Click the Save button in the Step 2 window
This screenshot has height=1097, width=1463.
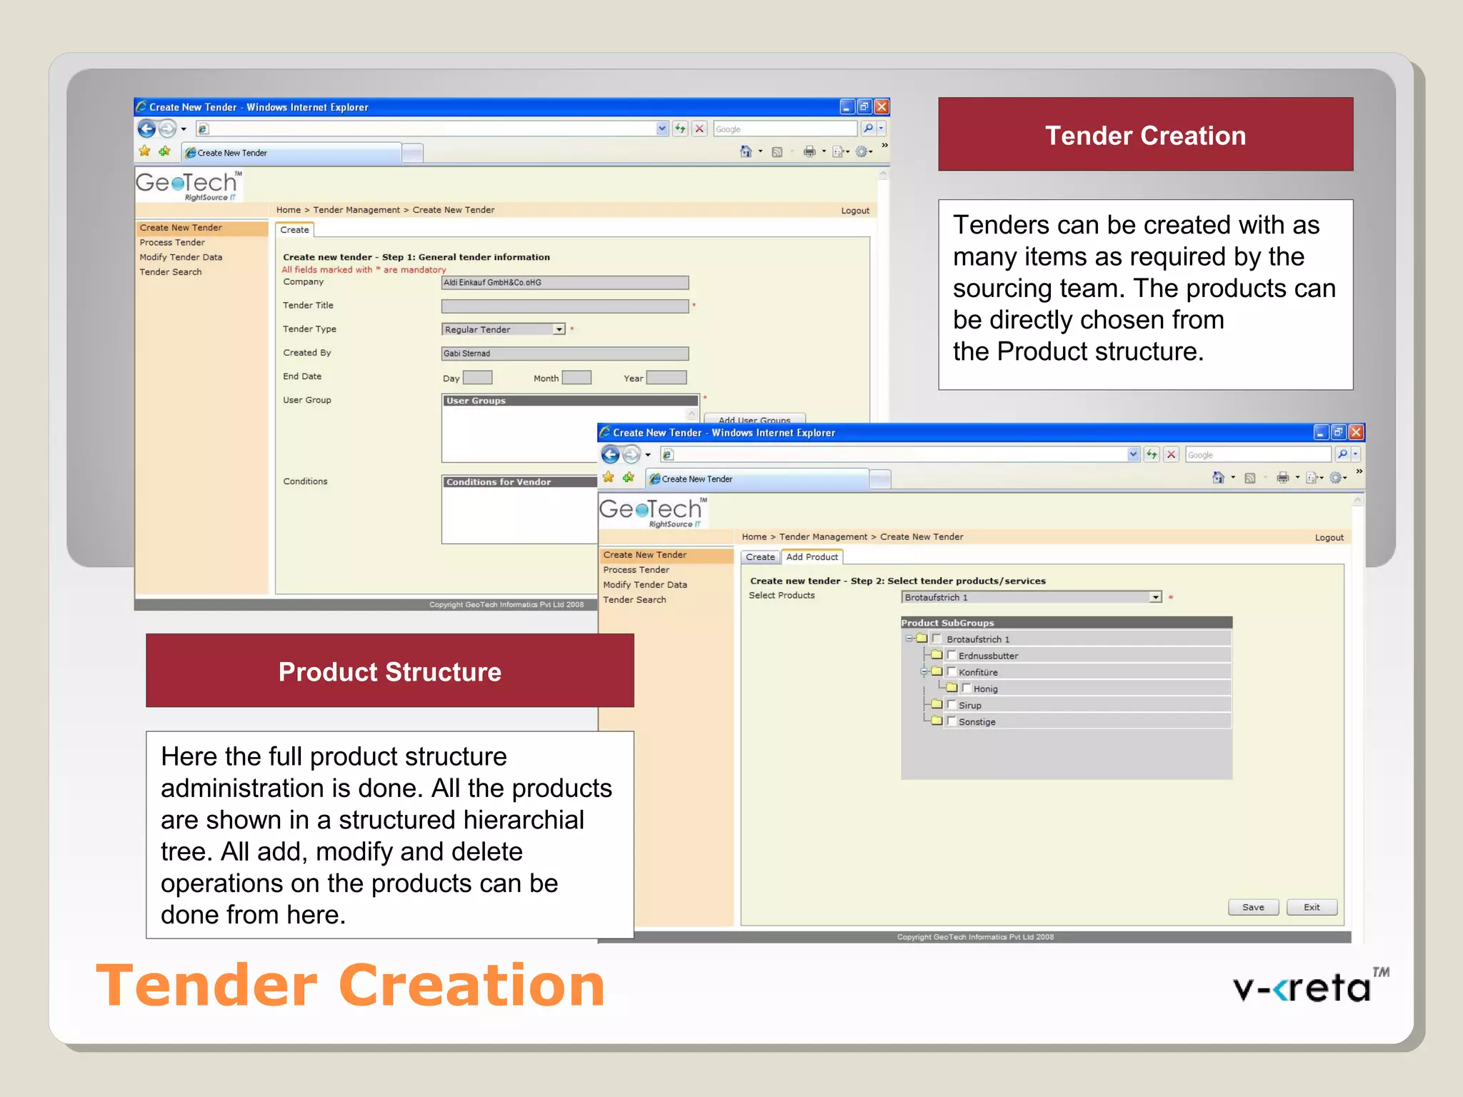[x=1253, y=907]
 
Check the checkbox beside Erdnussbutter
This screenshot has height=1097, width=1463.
[x=952, y=655]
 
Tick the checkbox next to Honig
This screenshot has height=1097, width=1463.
[x=967, y=688]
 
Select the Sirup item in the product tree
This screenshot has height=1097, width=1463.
[x=969, y=705]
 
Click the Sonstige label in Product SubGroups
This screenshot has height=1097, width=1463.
[x=977, y=722]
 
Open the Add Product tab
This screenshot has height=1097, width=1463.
[x=812, y=557]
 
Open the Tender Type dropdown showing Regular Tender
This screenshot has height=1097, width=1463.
[x=559, y=329]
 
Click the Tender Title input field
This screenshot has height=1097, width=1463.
[x=564, y=306]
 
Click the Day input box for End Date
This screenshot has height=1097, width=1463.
[x=477, y=378]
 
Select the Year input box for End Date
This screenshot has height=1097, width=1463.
[x=666, y=378]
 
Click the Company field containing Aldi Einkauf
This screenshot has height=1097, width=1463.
[x=564, y=283]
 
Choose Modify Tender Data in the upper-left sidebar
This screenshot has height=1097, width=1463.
[x=181, y=257]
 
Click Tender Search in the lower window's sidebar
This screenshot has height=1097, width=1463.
[x=634, y=600]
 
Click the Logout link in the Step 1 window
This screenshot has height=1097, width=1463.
[x=855, y=211]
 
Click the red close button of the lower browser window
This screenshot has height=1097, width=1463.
[x=1356, y=432]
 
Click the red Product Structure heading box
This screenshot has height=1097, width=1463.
[x=389, y=671]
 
